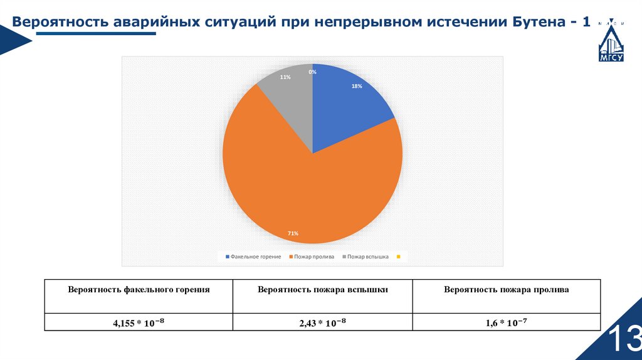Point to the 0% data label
pyautogui.click(x=312, y=72)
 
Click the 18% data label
pyautogui.click(x=357, y=87)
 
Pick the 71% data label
pyautogui.click(x=293, y=233)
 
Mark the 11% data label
pyautogui.click(x=285, y=77)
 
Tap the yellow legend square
pyautogui.click(x=398, y=257)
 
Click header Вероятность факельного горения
pyautogui.click(x=139, y=290)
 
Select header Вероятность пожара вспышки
pyautogui.click(x=322, y=290)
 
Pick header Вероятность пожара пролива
pyautogui.click(x=506, y=290)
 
